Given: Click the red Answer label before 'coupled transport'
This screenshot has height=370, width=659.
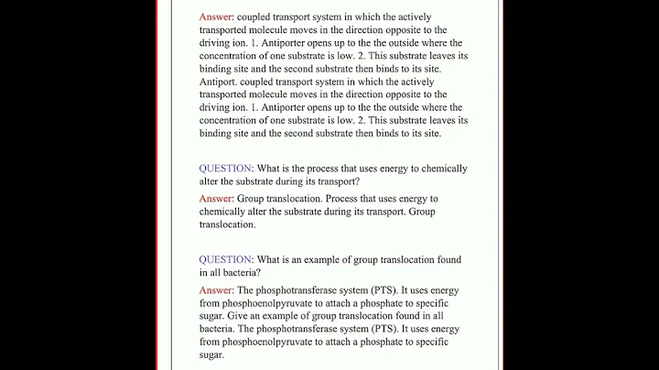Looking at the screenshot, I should (217, 17).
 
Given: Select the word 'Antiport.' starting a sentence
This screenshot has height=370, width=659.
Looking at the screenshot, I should (223, 82).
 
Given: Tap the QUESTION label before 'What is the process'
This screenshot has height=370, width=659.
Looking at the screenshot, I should (226, 169).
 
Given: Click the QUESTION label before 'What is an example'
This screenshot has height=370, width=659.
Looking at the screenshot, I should (226, 259).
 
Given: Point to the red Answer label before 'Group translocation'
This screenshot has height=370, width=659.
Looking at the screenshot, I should (217, 199).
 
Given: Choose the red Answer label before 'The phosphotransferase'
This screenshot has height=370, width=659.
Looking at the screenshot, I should (217, 290).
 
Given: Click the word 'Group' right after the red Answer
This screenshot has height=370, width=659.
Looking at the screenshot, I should (254, 199).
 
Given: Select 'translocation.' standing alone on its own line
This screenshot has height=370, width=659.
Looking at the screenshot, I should (228, 224).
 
